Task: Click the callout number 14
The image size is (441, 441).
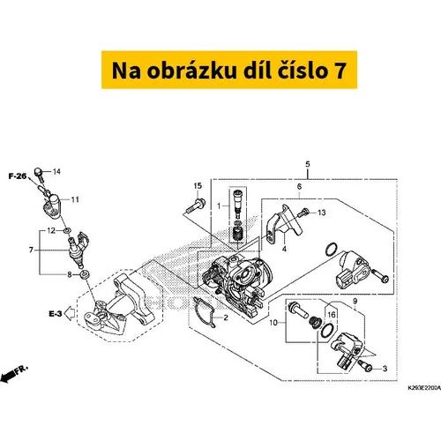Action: click(x=56, y=171)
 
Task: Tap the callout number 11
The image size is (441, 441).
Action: click(x=75, y=199)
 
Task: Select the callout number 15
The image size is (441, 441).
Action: click(x=198, y=186)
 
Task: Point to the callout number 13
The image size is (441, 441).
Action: click(x=322, y=213)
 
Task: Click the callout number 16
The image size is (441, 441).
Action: click(x=332, y=315)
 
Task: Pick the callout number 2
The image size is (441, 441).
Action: click(x=226, y=318)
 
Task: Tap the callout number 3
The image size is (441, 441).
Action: click(x=385, y=369)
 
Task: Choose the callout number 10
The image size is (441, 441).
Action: click(x=273, y=323)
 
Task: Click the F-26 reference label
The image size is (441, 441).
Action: click(x=18, y=176)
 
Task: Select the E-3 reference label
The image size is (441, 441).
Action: click(x=56, y=314)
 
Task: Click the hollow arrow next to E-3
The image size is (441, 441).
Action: click(x=70, y=313)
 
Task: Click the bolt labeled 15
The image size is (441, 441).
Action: click(x=196, y=206)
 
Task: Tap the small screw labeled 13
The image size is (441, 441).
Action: click(x=303, y=213)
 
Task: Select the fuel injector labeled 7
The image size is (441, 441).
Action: click(x=78, y=249)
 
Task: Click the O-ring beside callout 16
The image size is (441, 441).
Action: click(x=327, y=330)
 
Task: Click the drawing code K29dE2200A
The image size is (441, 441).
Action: click(x=424, y=388)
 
